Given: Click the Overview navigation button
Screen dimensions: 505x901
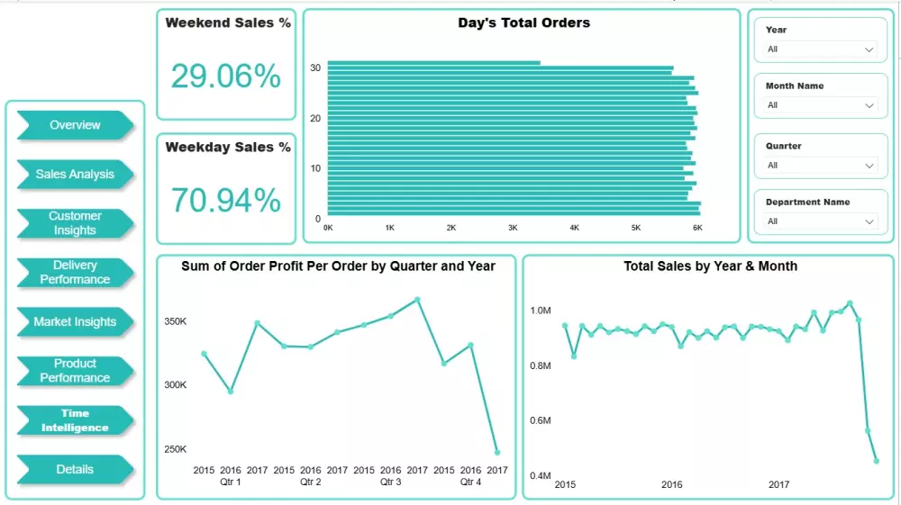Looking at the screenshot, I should click(x=75, y=125).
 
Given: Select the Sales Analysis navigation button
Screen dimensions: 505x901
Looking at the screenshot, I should click(x=75, y=174).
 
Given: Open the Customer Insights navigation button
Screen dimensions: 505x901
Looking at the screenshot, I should click(x=75, y=223).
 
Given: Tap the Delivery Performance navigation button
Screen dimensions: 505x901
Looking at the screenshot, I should click(x=75, y=272).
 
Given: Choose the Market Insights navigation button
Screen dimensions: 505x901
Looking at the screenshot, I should click(x=75, y=321).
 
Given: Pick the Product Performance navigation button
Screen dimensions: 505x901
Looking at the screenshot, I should click(x=75, y=370).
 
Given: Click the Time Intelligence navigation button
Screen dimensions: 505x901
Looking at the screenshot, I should click(x=75, y=420).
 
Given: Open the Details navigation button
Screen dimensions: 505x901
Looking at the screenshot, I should click(x=75, y=469).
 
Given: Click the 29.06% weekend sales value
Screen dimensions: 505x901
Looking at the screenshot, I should click(x=226, y=77).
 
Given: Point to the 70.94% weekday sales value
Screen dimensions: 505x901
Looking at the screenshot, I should click(x=226, y=200).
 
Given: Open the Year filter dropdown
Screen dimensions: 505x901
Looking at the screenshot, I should click(x=819, y=50).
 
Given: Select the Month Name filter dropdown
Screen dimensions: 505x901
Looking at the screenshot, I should click(x=819, y=105).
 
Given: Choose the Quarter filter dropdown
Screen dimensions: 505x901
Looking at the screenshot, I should click(x=819, y=166).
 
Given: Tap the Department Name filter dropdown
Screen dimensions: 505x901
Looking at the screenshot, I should click(x=819, y=221).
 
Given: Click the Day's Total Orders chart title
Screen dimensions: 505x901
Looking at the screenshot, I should click(x=523, y=23).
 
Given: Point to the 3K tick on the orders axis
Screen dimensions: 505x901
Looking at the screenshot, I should click(x=513, y=229).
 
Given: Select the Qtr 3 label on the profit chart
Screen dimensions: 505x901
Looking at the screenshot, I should click(x=390, y=482).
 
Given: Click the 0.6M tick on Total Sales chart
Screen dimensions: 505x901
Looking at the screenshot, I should click(x=541, y=420).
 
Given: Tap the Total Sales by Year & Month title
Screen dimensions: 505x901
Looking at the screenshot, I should click(x=710, y=266).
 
